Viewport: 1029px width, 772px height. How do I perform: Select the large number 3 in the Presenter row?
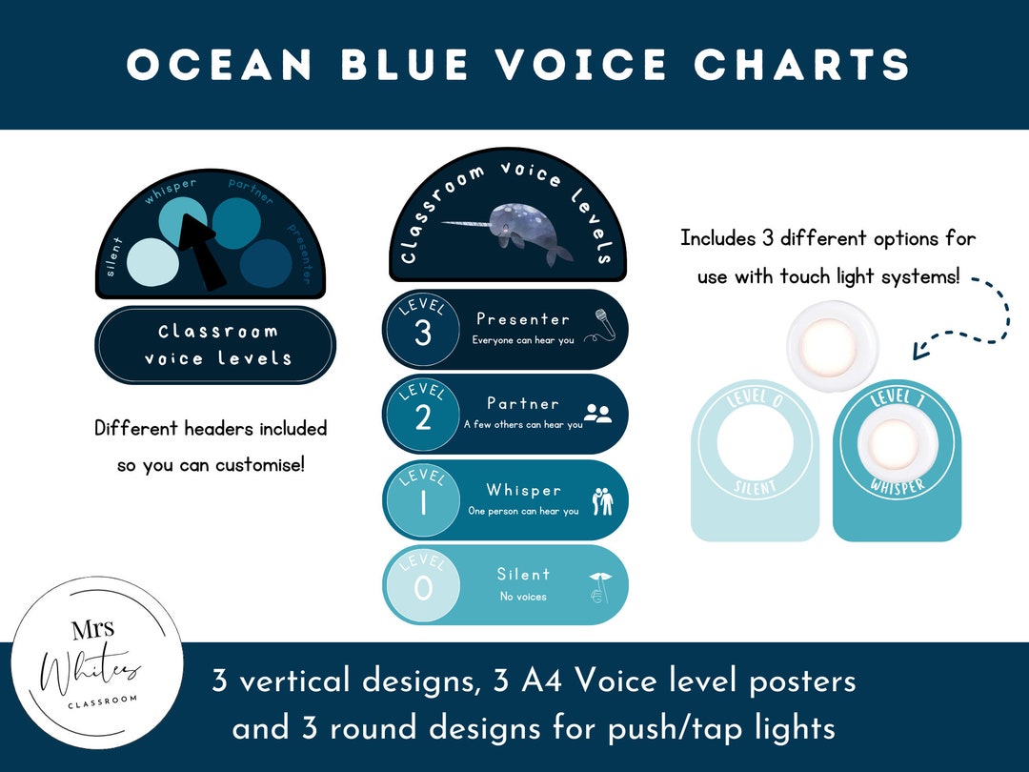(x=423, y=334)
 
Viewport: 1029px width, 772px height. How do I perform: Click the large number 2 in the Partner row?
(x=423, y=417)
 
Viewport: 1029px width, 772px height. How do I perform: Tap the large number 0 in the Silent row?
(x=423, y=588)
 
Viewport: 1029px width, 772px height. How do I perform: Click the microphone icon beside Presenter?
(x=599, y=325)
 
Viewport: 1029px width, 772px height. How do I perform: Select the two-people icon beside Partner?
(x=597, y=414)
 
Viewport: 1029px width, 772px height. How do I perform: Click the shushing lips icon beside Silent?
(x=600, y=585)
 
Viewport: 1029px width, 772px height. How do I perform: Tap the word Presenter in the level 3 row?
(x=523, y=319)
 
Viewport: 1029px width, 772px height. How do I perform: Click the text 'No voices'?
(x=523, y=597)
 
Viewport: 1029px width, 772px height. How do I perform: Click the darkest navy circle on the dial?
(x=266, y=264)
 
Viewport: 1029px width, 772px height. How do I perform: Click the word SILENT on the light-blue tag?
(x=755, y=488)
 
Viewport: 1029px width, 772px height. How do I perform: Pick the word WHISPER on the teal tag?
(x=898, y=486)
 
